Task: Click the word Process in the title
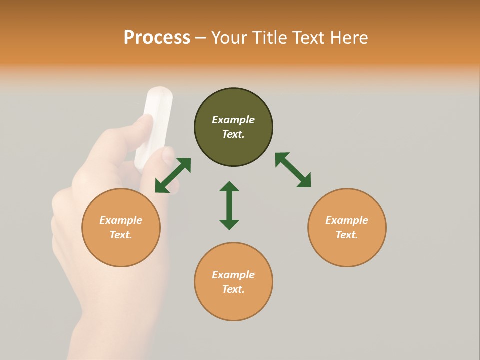(x=157, y=38)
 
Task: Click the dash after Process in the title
(x=200, y=38)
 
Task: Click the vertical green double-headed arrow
(x=229, y=205)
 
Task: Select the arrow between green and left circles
(x=173, y=175)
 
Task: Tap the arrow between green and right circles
(x=293, y=170)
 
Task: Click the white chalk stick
(x=155, y=125)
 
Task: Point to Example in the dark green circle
(x=233, y=120)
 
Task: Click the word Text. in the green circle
(x=233, y=134)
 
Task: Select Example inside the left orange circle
(x=121, y=220)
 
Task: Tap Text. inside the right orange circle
(x=347, y=235)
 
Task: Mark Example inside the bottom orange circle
(x=233, y=275)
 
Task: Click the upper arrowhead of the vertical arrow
(x=229, y=187)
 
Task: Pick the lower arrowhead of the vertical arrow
(x=229, y=224)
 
